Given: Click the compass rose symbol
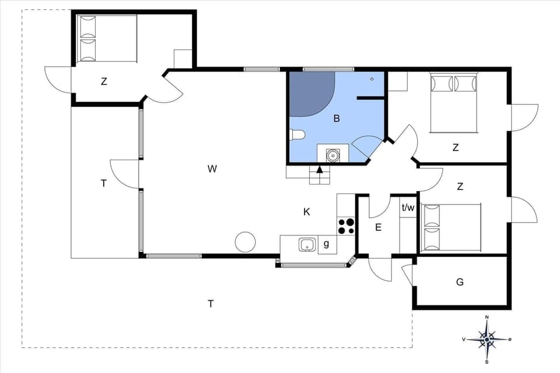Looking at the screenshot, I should coord(487,339).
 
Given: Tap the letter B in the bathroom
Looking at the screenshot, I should coord(336,119).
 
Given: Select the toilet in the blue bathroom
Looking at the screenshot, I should coord(297,135).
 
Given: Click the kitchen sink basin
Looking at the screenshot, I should coord(307,245).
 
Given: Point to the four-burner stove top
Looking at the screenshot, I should coord(346,226).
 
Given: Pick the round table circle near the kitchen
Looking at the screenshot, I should coord(245,241).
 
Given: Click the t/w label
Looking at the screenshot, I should coord(408,207).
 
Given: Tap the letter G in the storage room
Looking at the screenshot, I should coord(460,282).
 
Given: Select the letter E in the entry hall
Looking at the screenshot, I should coord(378,227).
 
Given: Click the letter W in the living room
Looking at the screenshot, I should coord(212,169).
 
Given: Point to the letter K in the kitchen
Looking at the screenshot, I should coord(307,212).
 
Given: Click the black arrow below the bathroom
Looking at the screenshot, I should coord(319,170).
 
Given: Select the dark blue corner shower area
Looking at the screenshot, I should coord(309,92).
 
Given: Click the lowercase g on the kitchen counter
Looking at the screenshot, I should coord(326,244).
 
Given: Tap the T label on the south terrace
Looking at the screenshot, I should coord(211,303).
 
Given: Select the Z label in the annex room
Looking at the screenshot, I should coord(104,82).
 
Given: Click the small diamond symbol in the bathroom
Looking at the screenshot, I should coord(372,79).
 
